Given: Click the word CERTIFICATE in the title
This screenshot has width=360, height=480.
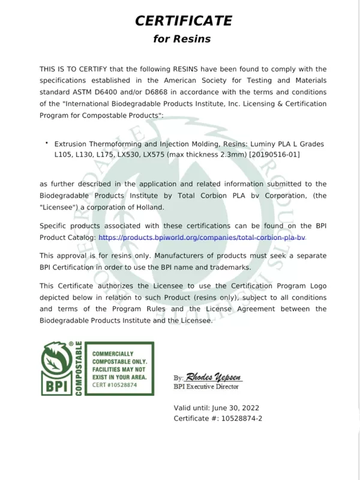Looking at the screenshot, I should pos(183,21).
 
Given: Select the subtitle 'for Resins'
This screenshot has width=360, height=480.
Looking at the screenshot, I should pos(182,40).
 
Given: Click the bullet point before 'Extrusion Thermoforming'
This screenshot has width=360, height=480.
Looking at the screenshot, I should pos(46,143).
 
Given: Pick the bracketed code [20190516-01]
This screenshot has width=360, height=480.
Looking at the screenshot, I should pos(274,155).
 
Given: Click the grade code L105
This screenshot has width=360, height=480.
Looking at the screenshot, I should pos(64,155).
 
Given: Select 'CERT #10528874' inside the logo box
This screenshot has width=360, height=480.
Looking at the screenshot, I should pos(115,385).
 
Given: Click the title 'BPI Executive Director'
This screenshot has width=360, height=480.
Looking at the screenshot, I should pos(206,387).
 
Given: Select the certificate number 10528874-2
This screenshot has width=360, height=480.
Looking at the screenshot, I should pos(239,418).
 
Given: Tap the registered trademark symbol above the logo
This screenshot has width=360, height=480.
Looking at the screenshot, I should pos(71,344).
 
